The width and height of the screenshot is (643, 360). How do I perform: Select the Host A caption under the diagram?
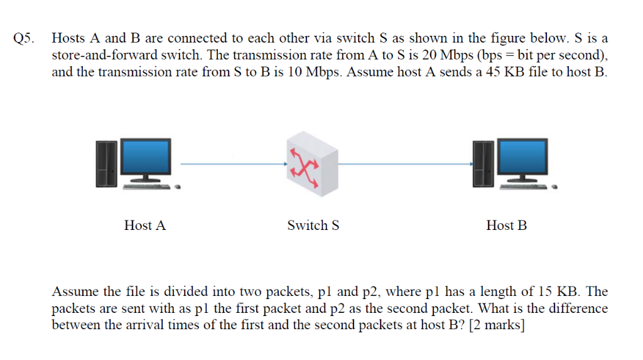(x=145, y=226)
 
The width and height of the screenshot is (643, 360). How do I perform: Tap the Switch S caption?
(x=313, y=226)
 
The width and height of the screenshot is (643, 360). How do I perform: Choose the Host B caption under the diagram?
(x=506, y=226)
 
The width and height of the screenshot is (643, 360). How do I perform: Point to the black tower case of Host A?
(x=107, y=163)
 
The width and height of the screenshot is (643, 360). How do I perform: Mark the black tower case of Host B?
(x=484, y=163)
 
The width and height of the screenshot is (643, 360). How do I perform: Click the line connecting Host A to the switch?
(x=232, y=165)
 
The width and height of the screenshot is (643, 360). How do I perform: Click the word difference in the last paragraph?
(x=576, y=308)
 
